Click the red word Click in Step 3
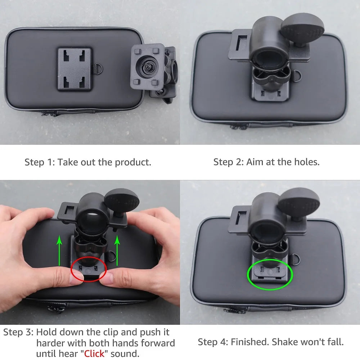(94, 354)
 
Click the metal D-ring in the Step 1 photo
(96, 68)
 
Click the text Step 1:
(40, 162)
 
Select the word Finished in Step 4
(249, 342)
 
